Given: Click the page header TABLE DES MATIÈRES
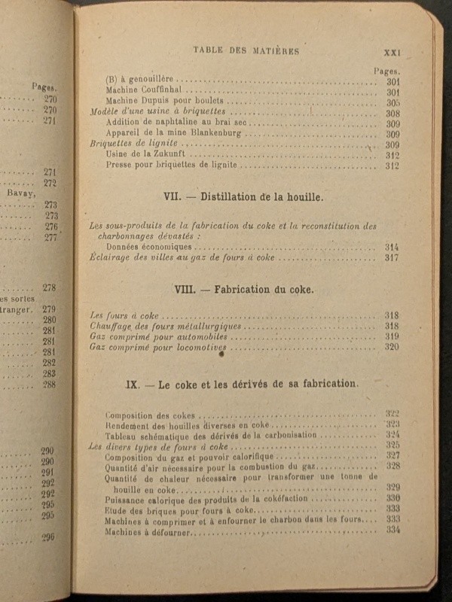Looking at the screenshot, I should point(246,51).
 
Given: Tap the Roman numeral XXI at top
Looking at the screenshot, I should point(395,52).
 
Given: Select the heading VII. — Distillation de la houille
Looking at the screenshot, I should point(243,197).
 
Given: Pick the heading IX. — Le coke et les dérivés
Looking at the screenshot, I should point(242,383).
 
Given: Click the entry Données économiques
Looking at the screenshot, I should point(149,247).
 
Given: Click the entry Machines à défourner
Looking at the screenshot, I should point(148,531).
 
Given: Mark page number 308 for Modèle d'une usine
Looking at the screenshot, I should point(392,114).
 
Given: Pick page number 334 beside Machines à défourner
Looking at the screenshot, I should point(392,531).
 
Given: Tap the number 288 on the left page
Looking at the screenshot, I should point(50,385).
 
